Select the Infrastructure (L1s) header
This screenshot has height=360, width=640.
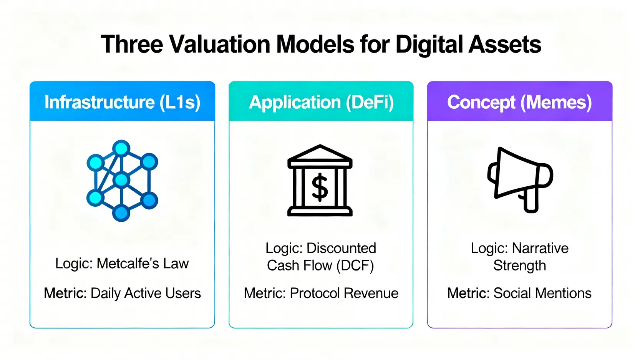[x=122, y=102]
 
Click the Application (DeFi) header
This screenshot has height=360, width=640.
[x=321, y=102]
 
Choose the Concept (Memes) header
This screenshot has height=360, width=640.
[x=520, y=102]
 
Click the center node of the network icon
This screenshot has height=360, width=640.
[x=121, y=180]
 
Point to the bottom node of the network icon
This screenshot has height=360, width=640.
[x=121, y=213]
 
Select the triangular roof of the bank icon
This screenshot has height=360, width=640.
[x=320, y=153]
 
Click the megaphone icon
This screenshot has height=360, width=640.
[x=520, y=180]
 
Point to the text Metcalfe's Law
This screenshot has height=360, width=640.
[x=143, y=263]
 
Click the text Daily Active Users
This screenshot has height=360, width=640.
[x=146, y=294]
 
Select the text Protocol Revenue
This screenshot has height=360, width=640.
[x=344, y=293]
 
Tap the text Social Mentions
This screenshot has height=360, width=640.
[x=542, y=293]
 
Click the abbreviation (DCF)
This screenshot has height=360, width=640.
[x=355, y=265]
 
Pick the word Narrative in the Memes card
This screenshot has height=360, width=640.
[x=540, y=248]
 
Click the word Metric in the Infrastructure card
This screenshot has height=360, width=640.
[x=65, y=293]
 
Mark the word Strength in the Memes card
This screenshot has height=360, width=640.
[x=520, y=265]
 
